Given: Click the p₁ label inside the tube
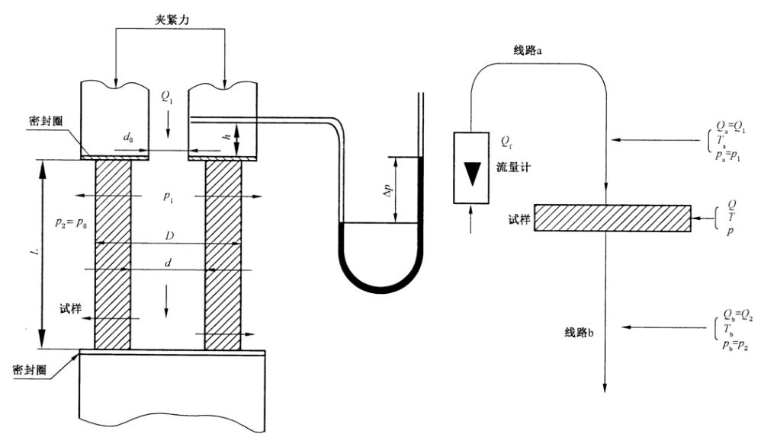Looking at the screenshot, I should tap(168, 196).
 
